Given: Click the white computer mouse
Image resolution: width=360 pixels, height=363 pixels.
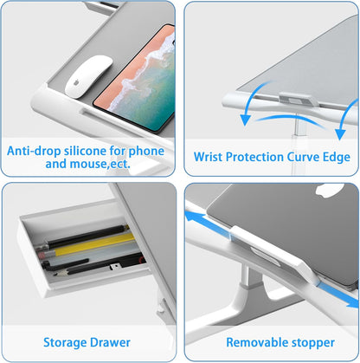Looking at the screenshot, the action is [88, 76].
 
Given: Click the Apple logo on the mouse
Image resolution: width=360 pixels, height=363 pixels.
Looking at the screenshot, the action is [76, 82].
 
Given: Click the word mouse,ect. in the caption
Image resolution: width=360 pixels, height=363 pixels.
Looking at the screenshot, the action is [100, 164].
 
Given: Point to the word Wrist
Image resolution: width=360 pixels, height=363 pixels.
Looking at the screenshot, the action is [209, 157].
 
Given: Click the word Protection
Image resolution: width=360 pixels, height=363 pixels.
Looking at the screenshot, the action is [254, 157].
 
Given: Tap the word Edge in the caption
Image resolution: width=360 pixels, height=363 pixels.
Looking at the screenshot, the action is [337, 157].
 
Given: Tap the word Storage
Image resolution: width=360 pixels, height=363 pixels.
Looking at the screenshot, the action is [65, 343].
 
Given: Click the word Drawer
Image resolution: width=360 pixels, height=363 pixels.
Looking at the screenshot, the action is [110, 342].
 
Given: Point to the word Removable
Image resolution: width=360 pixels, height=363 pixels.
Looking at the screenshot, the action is [253, 342].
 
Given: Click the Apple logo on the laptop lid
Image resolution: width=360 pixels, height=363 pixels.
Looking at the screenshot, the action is [330, 191].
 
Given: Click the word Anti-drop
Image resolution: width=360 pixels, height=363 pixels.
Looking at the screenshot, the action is [34, 151].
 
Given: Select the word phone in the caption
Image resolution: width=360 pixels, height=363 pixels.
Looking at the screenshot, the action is [146, 151].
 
